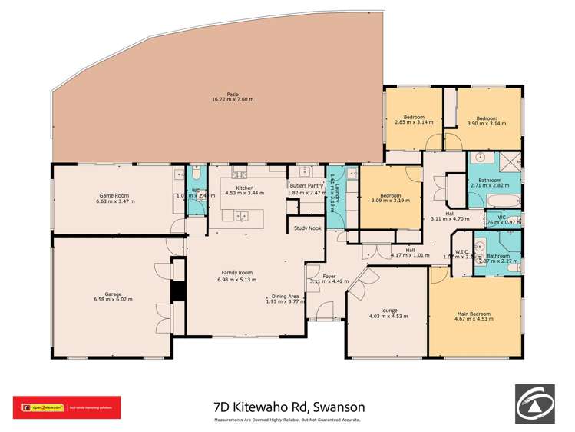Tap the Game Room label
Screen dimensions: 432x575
click(115, 195)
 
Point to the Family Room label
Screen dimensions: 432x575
click(237, 273)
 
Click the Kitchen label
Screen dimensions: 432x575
click(244, 188)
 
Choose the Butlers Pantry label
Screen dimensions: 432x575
click(306, 185)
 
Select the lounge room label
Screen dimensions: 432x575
click(384, 311)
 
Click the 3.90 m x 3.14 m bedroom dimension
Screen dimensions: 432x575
click(487, 122)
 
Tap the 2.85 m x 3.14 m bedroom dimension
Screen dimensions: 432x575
click(414, 122)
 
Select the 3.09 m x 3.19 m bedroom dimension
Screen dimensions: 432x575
click(390, 201)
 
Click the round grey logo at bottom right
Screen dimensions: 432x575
click(535, 405)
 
